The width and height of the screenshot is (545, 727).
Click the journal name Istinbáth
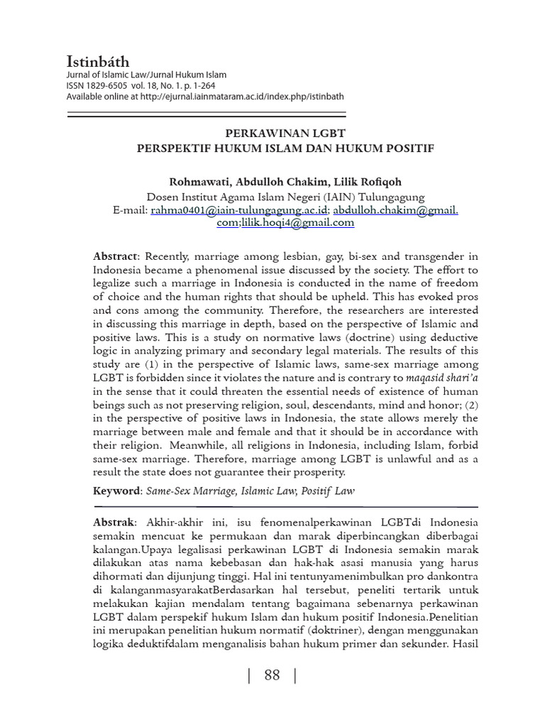[x=98, y=62]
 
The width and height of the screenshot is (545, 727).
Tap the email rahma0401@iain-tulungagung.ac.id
[x=239, y=210]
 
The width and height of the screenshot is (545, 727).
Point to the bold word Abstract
[x=116, y=256]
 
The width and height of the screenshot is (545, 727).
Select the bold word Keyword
[x=116, y=491]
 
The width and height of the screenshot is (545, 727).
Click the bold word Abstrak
[x=114, y=522]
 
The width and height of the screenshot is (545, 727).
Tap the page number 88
[x=272, y=676]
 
